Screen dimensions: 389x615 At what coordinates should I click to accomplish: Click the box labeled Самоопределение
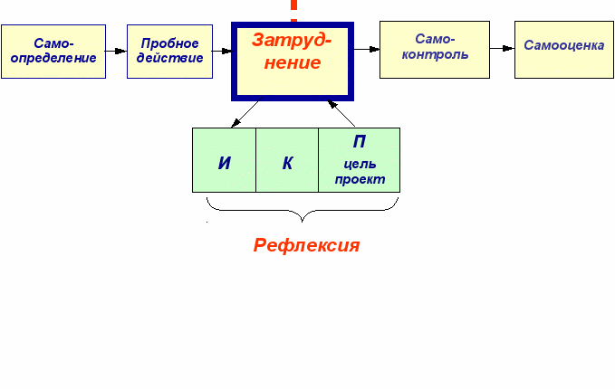(53, 51)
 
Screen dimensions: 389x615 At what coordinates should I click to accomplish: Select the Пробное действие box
(169, 51)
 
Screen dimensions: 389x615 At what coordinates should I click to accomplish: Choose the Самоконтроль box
(434, 48)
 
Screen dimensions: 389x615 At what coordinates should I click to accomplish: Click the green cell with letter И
(224, 160)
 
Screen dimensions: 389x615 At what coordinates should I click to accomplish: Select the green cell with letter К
(287, 160)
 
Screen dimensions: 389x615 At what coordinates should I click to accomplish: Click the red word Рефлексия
(306, 245)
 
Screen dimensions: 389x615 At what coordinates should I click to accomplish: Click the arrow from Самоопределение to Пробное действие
(116, 51)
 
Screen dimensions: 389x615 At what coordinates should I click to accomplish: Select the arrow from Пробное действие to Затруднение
(223, 51)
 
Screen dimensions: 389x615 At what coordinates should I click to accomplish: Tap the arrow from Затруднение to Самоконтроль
(366, 49)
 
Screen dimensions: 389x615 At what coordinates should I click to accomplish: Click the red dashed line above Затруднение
(293, 8)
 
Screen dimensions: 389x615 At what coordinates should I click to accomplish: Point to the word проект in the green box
(360, 179)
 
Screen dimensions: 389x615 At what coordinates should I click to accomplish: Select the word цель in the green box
(360, 165)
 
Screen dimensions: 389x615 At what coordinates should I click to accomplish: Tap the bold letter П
(360, 142)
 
